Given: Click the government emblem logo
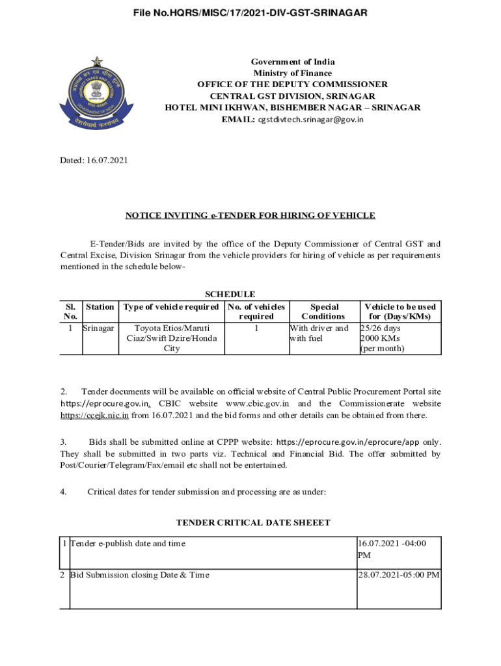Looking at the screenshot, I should pos(96,94).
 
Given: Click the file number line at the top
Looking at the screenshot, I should pos(251,12).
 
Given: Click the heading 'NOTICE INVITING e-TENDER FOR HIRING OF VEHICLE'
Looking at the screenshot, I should pos(251,216).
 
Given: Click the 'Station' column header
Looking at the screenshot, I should pos(100,306).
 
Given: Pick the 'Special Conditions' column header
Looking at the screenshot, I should pos(324,312).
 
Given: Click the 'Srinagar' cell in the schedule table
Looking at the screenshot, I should pos(98,328).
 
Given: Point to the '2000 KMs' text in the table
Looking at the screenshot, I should pos(380,338).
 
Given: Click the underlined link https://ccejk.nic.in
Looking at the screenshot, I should pos(94,416).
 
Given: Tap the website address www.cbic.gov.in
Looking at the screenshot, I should pos(258,404).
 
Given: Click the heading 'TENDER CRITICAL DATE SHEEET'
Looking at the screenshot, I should pos(253,523).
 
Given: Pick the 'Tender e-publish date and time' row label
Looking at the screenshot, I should pos(128,544).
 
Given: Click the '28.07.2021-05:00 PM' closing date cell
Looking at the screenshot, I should pos(399,575).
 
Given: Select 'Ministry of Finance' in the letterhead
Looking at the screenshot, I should pos(293,73).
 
